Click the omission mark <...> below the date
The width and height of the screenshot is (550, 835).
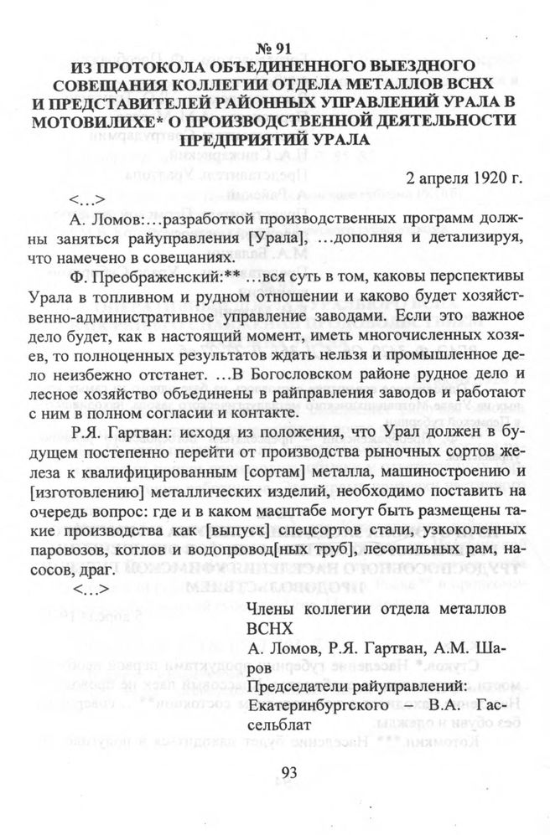click(87, 200)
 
